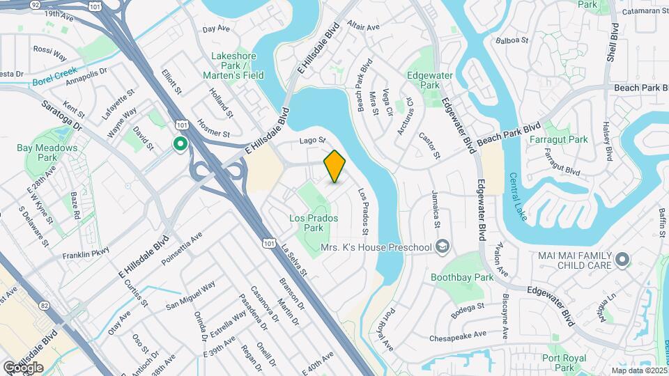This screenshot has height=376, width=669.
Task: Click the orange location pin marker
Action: point(334,166)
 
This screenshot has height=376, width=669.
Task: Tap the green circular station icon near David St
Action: point(180,145)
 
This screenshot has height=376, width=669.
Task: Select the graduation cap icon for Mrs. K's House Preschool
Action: point(442,247)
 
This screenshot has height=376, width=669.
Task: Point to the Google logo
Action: point(22,367)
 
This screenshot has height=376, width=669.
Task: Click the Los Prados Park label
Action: point(314,223)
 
